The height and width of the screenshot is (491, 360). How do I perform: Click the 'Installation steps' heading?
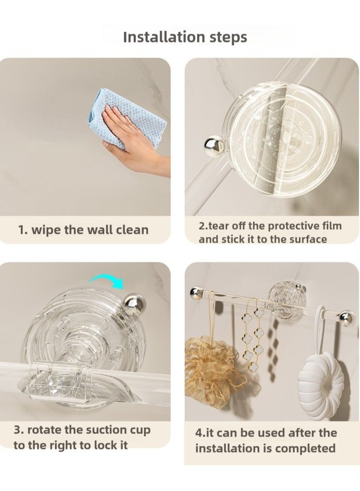click(x=185, y=37)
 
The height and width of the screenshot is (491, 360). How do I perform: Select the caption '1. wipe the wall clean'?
click(x=84, y=230)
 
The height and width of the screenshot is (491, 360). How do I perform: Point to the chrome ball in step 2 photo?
click(x=214, y=146)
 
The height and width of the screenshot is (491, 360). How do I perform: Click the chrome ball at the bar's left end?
click(x=196, y=293)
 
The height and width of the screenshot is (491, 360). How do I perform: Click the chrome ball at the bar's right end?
click(x=347, y=318)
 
